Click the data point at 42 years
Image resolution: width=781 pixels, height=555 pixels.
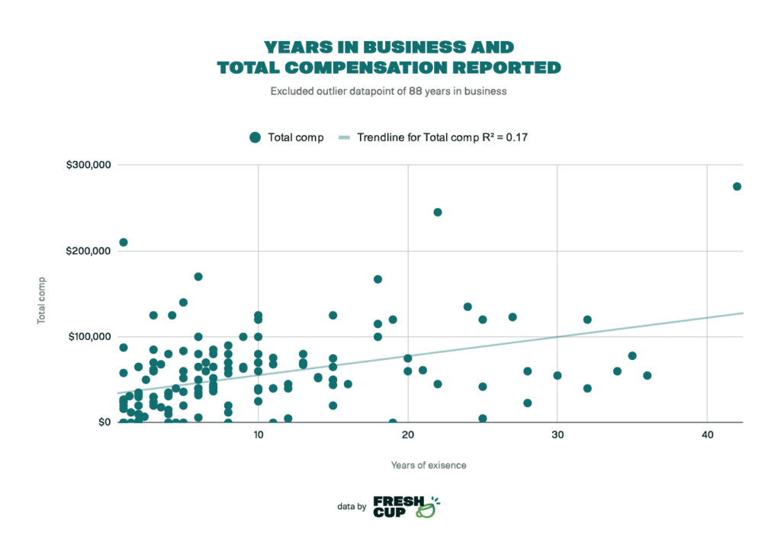(737, 186)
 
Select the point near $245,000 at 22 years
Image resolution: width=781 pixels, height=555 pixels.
(438, 212)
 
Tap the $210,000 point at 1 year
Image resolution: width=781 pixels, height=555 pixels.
(124, 242)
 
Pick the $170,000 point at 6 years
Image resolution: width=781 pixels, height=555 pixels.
(198, 277)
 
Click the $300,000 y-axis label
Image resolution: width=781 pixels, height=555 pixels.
(88, 165)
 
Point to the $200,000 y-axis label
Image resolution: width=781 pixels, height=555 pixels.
(88, 251)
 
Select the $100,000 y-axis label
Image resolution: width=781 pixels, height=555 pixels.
(88, 336)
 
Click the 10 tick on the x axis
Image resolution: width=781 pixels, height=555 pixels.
(259, 435)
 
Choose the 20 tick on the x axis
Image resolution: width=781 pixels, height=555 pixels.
(408, 435)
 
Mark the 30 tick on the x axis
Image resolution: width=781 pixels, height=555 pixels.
(558, 435)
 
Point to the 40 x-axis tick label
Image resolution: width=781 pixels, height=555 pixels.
(707, 435)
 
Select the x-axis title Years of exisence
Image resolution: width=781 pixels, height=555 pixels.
(429, 464)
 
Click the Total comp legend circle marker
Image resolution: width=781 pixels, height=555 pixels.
(256, 137)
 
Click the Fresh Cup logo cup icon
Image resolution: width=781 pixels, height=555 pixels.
(427, 509)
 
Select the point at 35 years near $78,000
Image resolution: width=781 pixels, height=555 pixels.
(632, 355)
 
